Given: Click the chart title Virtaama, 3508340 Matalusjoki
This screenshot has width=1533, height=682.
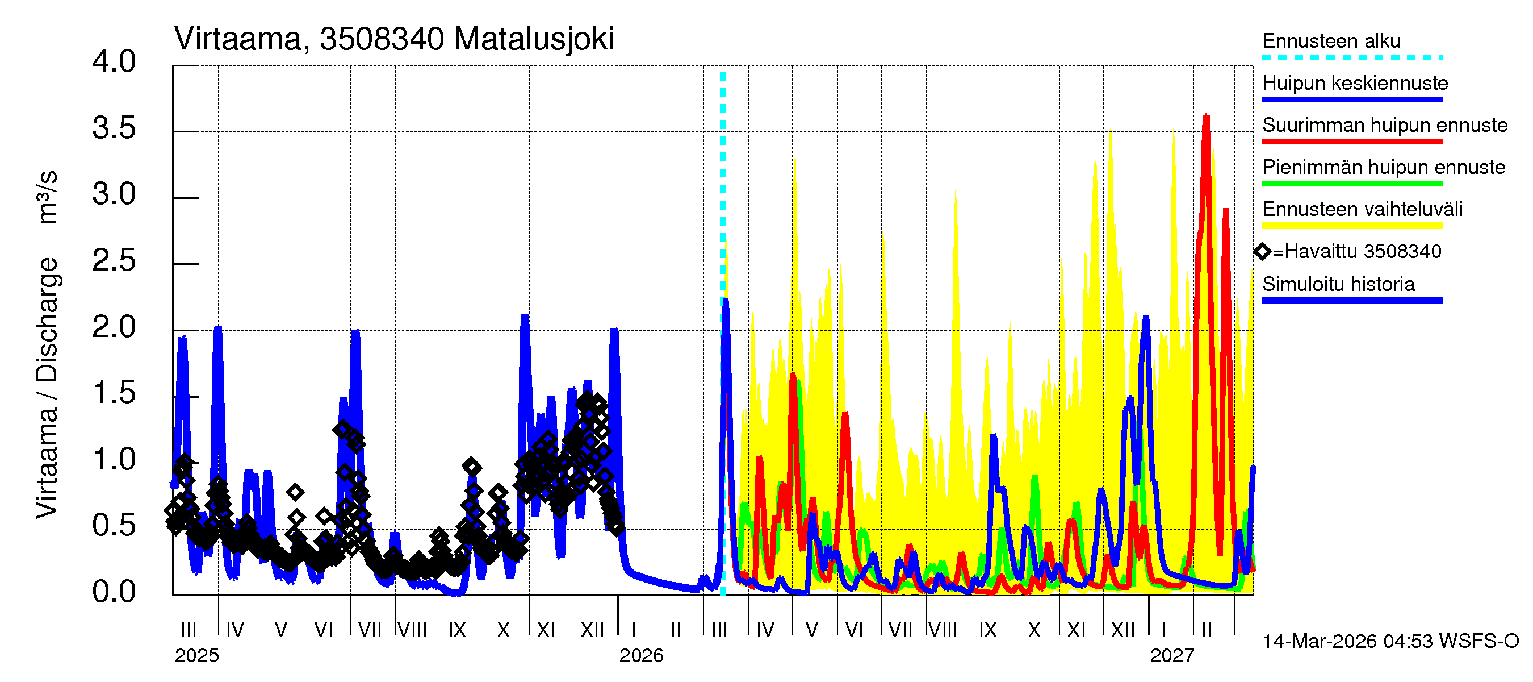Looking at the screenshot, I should (x=393, y=39).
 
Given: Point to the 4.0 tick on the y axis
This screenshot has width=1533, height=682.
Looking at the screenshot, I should (x=114, y=62).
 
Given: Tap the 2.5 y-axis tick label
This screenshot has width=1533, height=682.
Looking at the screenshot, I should (x=114, y=261).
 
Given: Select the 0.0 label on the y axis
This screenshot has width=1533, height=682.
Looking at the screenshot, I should (x=114, y=592).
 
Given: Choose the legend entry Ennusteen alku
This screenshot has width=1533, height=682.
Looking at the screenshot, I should (x=1331, y=41).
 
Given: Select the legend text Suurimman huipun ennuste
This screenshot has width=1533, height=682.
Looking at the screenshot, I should (x=1384, y=125).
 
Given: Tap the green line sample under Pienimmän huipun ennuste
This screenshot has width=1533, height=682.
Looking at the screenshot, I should (x=1351, y=184).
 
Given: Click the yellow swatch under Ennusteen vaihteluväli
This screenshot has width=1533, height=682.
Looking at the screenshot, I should (x=1351, y=225).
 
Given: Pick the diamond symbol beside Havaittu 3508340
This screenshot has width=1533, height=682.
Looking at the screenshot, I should (x=1262, y=251).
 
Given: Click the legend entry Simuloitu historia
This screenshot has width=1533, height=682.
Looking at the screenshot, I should (x=1338, y=284).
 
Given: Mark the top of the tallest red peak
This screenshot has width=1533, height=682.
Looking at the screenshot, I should (x=1206, y=115).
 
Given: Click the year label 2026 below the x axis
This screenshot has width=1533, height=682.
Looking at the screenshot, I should (x=641, y=655).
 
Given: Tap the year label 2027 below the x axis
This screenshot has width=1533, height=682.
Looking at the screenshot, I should (x=1172, y=655).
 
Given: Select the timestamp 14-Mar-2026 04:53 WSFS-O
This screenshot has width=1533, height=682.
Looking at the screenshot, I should (x=1390, y=641).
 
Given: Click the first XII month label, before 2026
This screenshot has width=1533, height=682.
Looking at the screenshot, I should (x=592, y=630).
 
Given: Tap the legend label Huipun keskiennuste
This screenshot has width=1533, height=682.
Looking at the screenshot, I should (x=1355, y=83).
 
